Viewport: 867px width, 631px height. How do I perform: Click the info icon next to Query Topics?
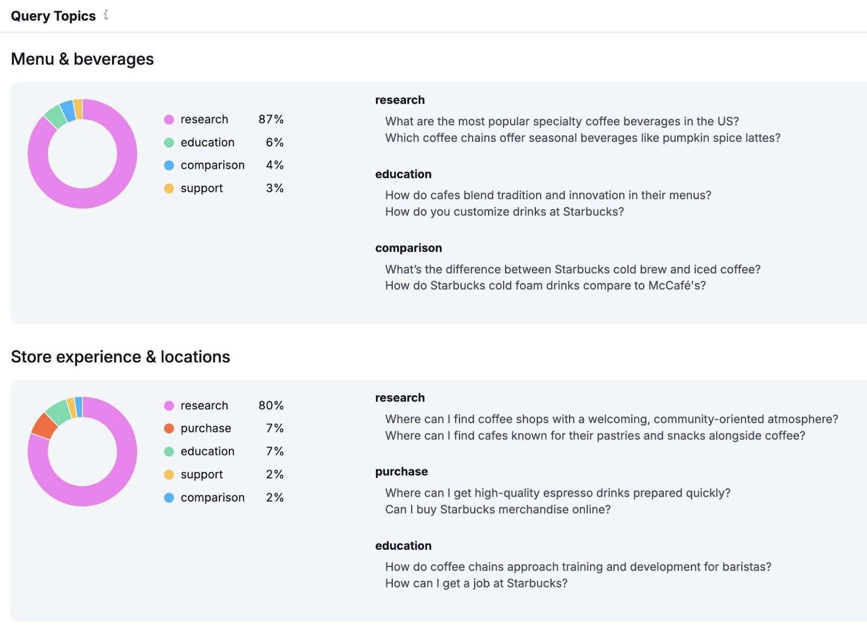point(106,15)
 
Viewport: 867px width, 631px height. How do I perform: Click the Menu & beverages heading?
point(82,59)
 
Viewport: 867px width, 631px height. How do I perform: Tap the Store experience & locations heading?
point(120,357)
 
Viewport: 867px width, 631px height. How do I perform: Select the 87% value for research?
point(271,119)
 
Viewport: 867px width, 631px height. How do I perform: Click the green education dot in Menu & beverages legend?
point(169,143)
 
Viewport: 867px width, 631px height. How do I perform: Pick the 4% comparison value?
point(275,165)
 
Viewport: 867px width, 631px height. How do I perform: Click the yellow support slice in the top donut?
point(78,109)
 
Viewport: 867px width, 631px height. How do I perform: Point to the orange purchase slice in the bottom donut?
point(44,426)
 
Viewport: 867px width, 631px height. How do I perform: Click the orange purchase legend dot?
point(169,429)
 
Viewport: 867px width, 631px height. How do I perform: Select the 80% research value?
point(271,405)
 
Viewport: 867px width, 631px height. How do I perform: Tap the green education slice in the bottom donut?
point(57,412)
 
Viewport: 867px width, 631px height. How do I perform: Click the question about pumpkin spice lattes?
point(583,138)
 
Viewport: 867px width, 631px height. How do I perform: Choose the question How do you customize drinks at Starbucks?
point(504,212)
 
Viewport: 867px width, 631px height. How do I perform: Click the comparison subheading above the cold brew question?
point(408,248)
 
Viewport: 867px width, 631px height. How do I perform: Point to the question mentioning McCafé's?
point(545,286)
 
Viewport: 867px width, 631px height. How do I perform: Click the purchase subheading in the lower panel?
point(401,472)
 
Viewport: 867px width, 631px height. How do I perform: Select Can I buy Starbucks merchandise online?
point(497,510)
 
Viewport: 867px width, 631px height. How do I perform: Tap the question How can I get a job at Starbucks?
point(476,583)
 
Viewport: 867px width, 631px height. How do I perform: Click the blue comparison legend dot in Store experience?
point(169,498)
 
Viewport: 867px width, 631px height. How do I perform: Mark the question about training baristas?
point(578,567)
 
